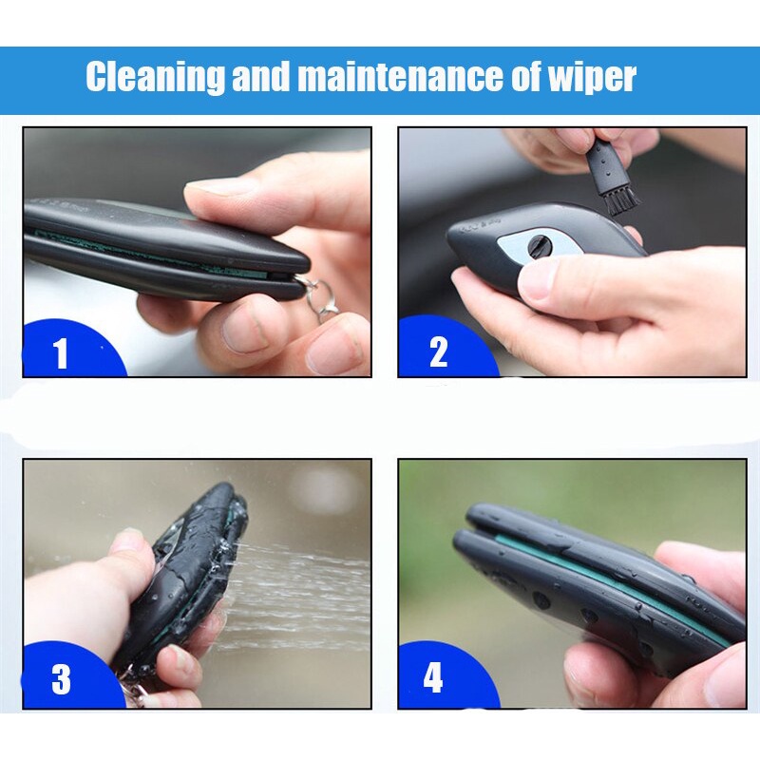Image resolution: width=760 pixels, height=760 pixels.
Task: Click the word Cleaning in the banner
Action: click(x=154, y=77)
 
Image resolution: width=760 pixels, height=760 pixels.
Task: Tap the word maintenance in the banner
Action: click(x=399, y=77)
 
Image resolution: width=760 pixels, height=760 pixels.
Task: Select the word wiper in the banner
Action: click(x=590, y=78)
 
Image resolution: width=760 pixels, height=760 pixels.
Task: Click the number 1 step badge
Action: click(x=62, y=353)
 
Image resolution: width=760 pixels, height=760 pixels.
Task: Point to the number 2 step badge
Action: click(x=438, y=352)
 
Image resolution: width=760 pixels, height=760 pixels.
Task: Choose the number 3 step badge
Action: click(x=62, y=679)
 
